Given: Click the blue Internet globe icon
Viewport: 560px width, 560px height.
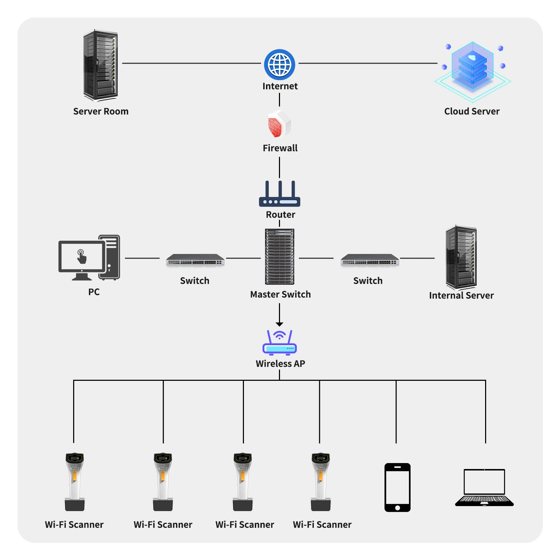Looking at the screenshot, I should click(279, 65).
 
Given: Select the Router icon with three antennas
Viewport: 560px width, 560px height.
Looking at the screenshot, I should click(279, 194).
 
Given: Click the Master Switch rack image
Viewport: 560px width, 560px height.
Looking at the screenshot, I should click(279, 257).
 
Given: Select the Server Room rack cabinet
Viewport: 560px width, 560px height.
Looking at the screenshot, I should click(100, 65).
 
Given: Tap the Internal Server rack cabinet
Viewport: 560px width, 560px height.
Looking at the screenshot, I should click(461, 257).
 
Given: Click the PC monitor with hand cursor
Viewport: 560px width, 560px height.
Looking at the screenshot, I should click(82, 258).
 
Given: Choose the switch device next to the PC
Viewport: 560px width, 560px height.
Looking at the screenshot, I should click(195, 260).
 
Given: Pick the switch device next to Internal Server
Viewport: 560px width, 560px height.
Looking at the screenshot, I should click(370, 260).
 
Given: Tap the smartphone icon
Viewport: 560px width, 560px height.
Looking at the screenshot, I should click(397, 487).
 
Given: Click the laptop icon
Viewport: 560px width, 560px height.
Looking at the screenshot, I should click(484, 488).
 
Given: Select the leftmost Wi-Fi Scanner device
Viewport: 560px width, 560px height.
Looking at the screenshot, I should click(75, 482).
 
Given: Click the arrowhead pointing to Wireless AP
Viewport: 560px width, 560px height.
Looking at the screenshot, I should click(279, 324).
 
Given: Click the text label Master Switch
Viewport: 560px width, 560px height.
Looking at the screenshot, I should click(280, 294).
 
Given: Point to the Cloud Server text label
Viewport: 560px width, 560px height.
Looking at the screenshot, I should click(471, 111).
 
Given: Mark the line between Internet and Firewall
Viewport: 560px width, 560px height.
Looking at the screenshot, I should click(279, 100).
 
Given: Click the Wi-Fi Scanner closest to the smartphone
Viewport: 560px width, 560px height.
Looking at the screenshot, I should click(321, 482).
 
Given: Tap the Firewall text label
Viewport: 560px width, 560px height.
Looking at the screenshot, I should click(280, 148).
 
